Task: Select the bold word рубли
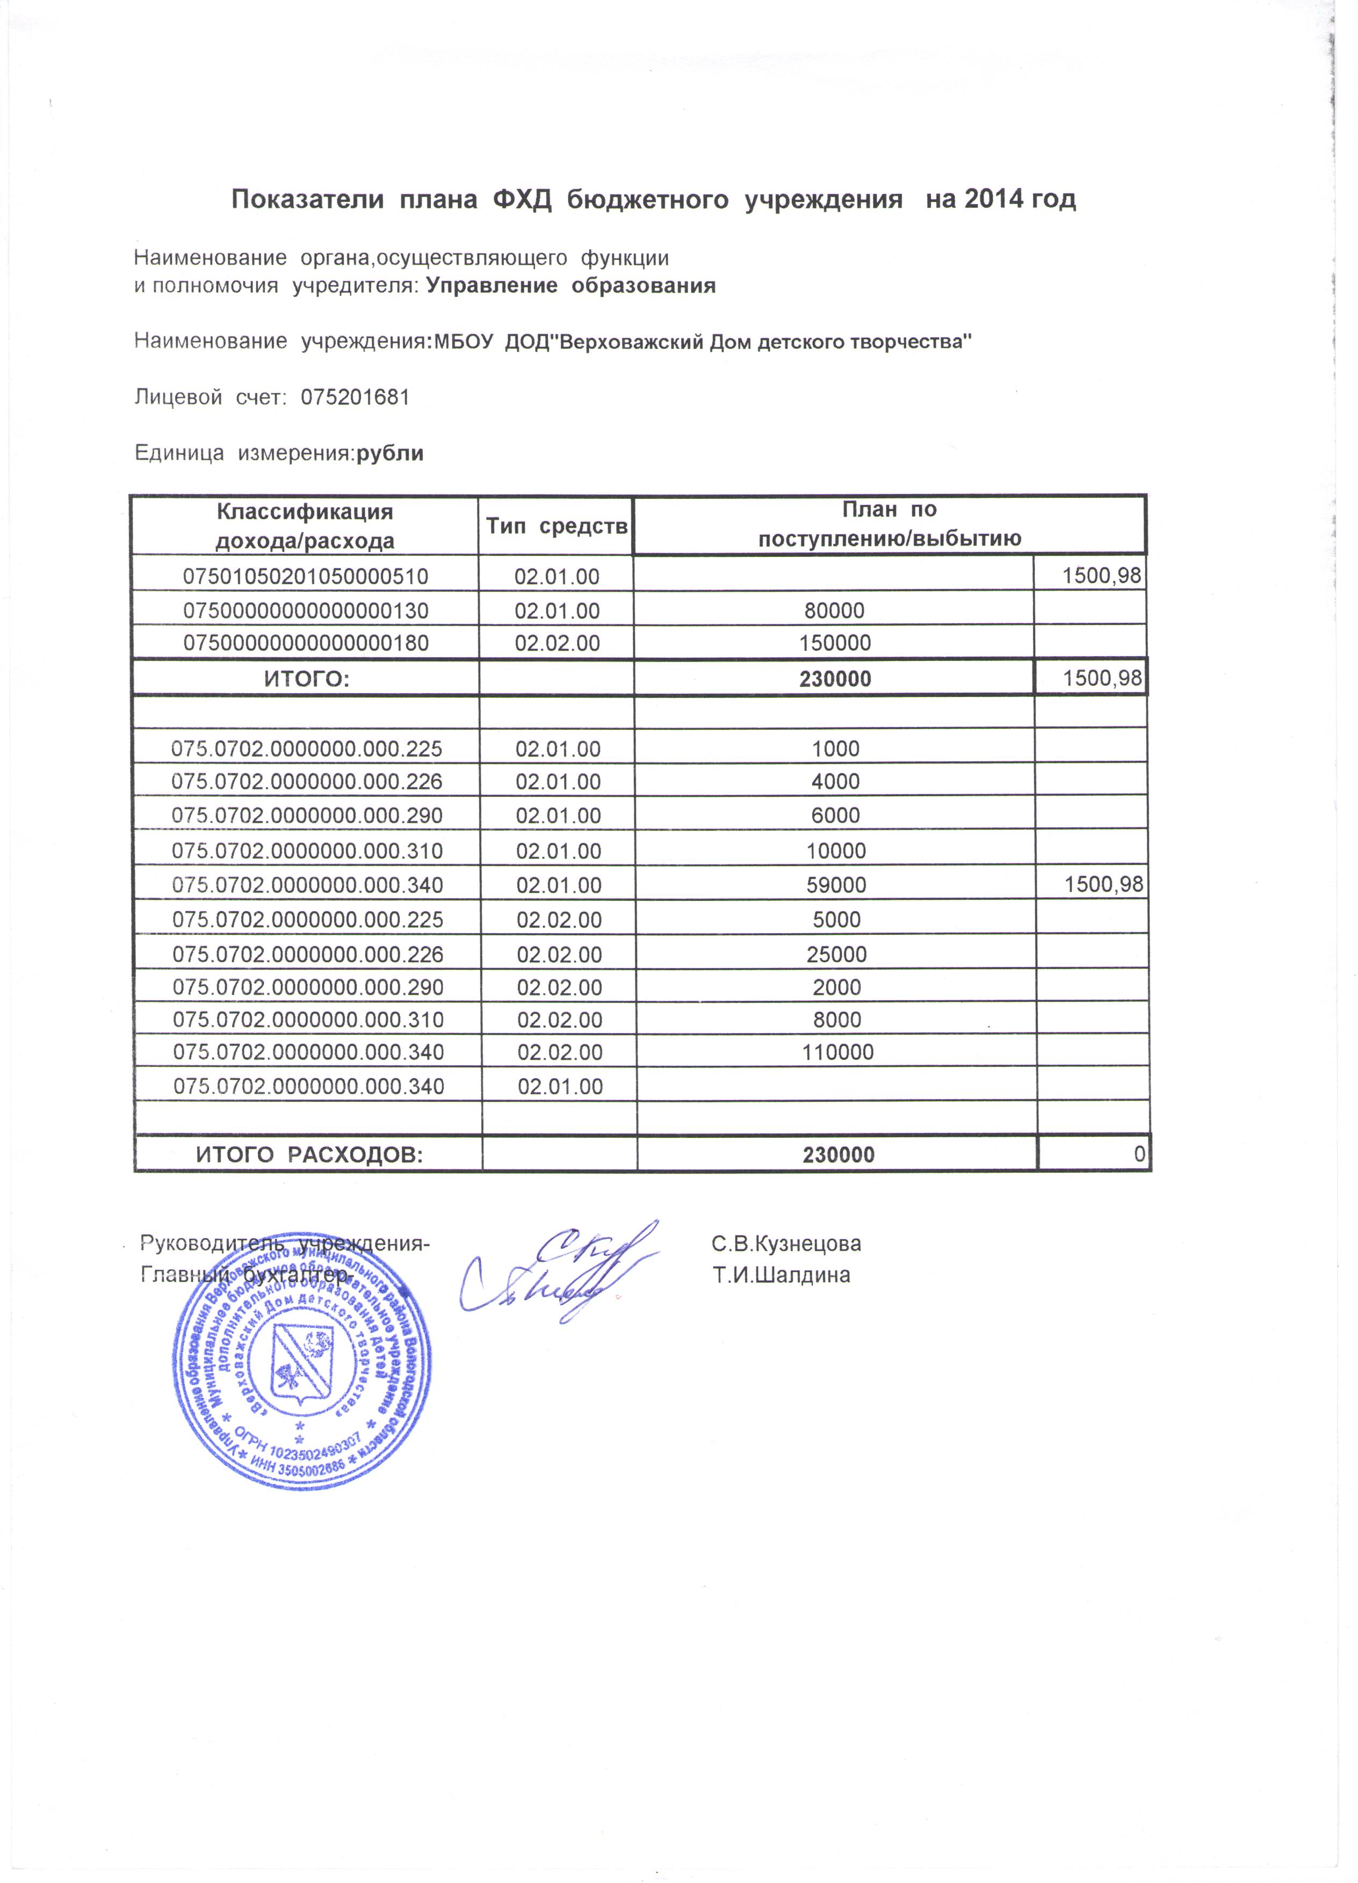pos(389,453)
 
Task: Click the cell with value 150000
pos(835,643)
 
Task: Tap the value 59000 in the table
pos(835,885)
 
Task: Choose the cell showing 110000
pos(837,1053)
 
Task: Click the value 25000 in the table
pos(836,954)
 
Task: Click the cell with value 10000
pos(835,851)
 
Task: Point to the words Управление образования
pos(570,286)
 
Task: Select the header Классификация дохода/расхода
pos(305,526)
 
